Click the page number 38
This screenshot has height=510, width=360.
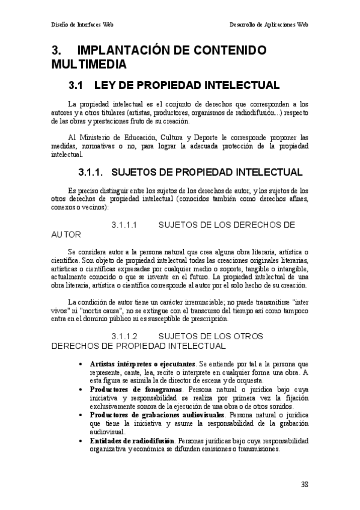tap(305, 484)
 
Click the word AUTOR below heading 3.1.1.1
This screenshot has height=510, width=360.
tap(66, 235)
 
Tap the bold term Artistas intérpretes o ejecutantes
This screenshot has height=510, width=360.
tap(142, 364)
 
